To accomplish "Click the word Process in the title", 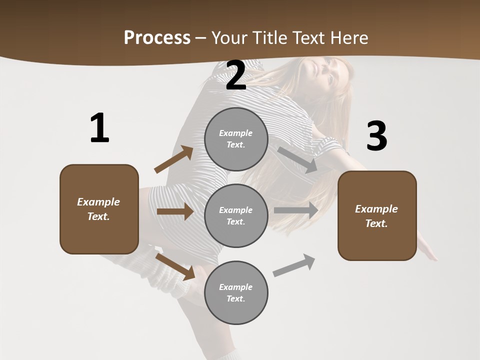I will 157,37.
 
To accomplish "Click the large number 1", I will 99,128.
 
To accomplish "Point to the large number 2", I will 236,75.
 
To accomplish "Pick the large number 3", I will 376,136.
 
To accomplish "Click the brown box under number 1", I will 99,209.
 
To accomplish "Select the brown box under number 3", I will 377,215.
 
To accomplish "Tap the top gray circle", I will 236,139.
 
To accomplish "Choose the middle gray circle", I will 236,215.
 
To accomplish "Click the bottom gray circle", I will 236,292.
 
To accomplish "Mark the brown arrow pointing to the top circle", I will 174,159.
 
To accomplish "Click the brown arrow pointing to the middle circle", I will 175,211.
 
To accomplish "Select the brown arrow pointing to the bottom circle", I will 175,266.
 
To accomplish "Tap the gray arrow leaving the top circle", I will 297,159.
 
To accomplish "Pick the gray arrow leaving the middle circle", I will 296,210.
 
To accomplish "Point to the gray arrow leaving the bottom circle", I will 294,265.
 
